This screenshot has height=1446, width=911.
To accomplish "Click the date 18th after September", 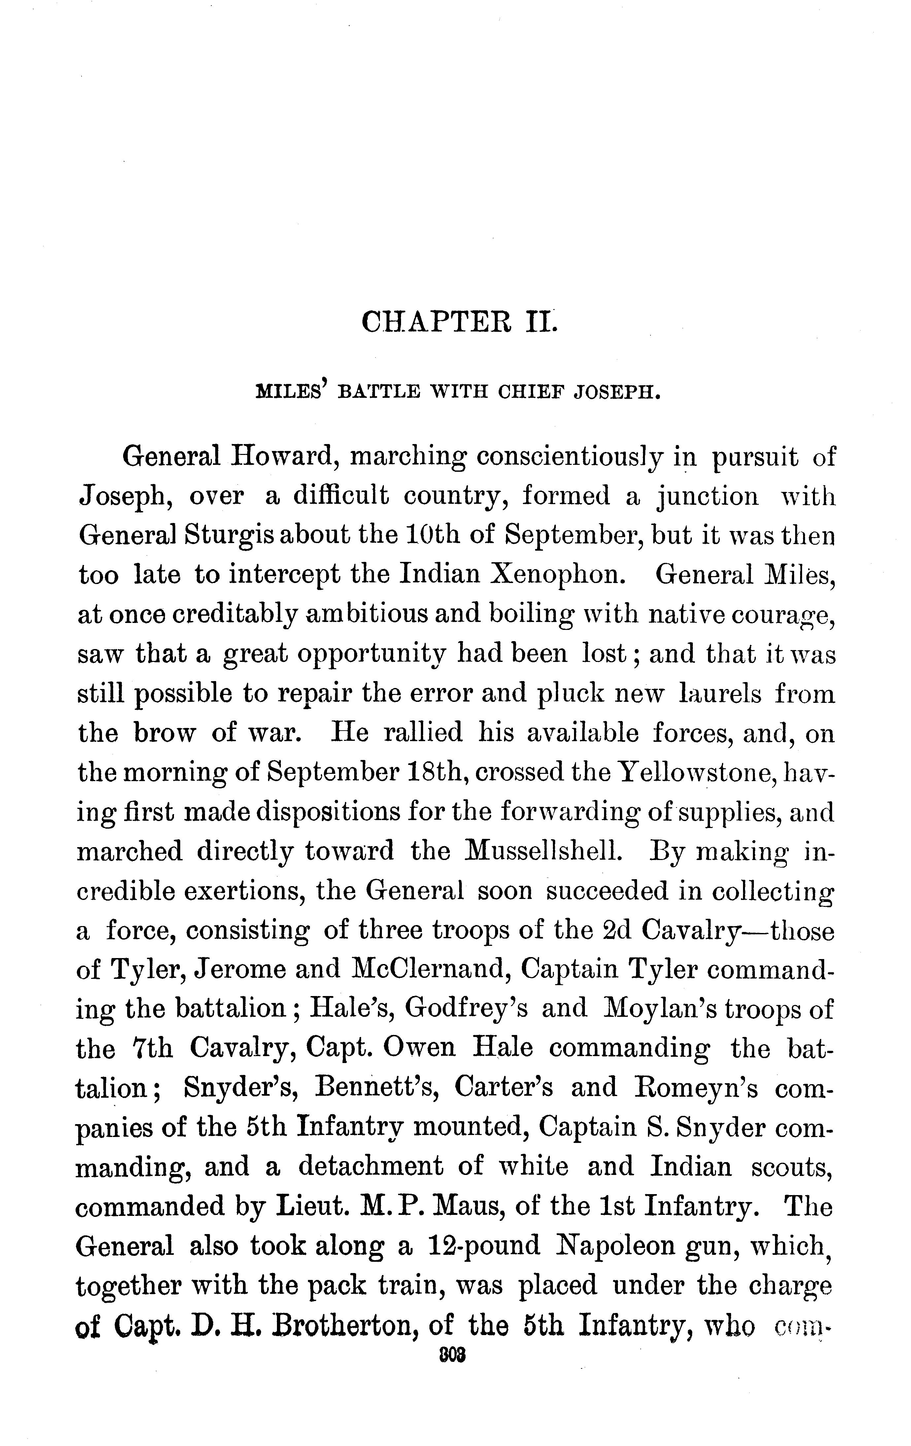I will click(x=437, y=772).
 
